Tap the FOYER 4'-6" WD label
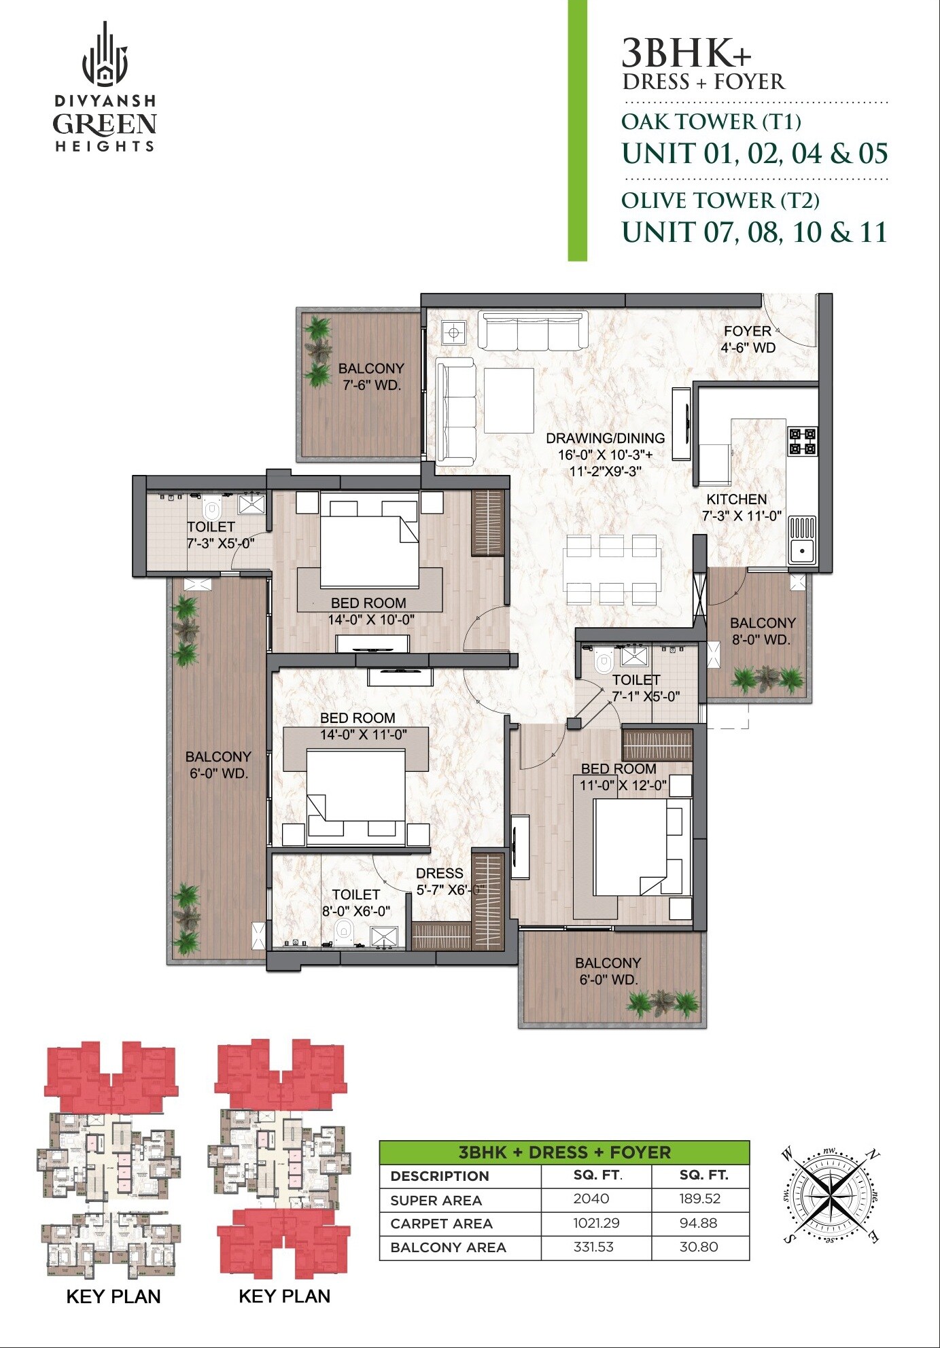(748, 339)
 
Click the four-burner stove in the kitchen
(802, 441)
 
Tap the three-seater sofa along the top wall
(533, 331)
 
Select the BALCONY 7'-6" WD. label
(371, 376)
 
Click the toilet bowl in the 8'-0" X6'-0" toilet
(344, 929)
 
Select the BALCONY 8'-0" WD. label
(762, 631)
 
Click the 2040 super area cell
(591, 1199)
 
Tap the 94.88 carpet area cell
(698, 1222)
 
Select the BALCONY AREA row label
(448, 1247)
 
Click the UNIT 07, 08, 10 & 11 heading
(754, 232)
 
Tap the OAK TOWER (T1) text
(711, 122)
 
